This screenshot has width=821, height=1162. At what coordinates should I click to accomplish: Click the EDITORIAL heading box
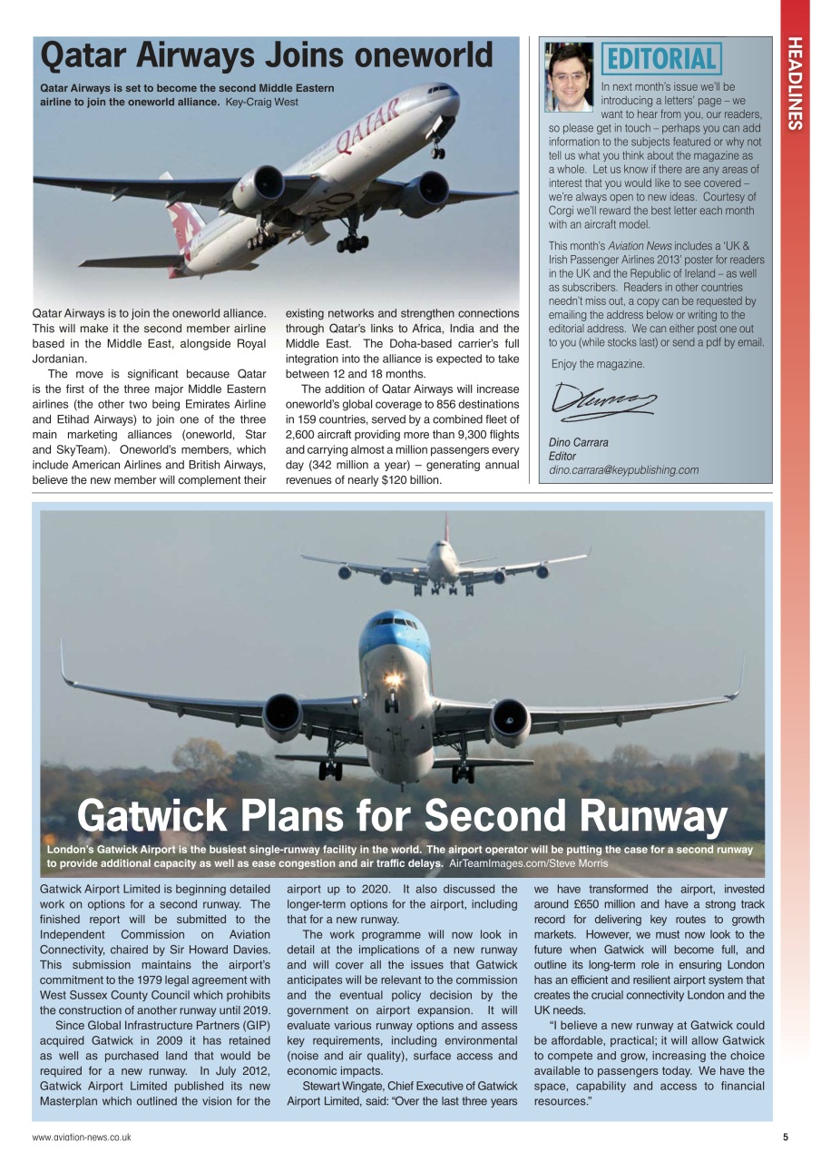coord(661,59)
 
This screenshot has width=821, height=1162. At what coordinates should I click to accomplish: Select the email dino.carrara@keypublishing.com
coord(623,470)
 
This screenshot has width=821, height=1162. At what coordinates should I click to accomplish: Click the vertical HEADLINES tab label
coord(795,84)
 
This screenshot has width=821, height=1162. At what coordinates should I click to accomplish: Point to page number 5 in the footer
coord(785,1137)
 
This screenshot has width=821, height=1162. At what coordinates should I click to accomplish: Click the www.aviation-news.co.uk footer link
coord(82,1137)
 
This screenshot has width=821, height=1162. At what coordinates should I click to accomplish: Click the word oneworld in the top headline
coord(423,56)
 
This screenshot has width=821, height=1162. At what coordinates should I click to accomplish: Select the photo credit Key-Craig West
coord(261,102)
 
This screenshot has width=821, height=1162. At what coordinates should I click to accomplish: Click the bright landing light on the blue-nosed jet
coord(393,679)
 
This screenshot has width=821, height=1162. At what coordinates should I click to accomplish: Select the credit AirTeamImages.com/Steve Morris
coord(528,863)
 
